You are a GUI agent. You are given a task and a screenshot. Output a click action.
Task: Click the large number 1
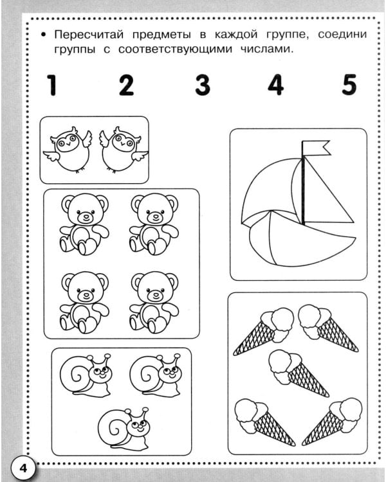[x=52, y=85]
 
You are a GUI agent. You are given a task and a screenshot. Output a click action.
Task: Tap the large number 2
[x=127, y=85]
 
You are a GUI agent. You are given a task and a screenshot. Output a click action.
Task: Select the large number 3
[x=203, y=85]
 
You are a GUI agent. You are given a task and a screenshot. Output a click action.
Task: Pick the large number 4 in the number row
[x=275, y=85]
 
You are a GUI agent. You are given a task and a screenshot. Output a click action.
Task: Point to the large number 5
[x=349, y=85]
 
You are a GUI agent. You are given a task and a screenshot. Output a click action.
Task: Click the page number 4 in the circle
[x=23, y=469]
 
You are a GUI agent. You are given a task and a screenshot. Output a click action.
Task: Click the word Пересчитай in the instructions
[x=89, y=35]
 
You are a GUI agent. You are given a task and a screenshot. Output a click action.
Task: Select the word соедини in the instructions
[x=342, y=35]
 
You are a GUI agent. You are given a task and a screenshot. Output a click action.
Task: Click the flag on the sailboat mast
[x=315, y=148]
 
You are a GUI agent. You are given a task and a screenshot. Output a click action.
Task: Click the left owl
[x=68, y=149]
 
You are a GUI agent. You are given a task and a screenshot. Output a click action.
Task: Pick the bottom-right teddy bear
[x=154, y=302]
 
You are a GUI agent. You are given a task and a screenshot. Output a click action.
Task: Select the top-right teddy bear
[x=154, y=224]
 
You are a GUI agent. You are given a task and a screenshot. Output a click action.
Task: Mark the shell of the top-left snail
[x=75, y=376]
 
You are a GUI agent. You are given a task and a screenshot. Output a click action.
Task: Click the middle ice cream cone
[x=298, y=373]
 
